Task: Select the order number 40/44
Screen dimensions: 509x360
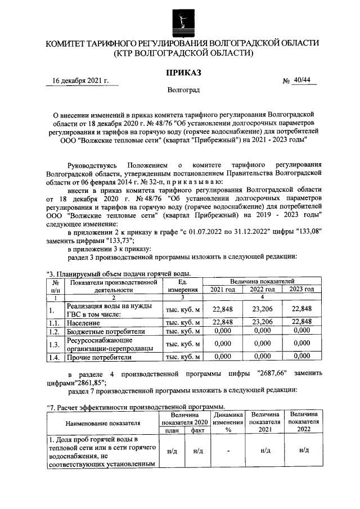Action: (302, 80)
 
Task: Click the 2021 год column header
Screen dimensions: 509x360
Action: (223, 289)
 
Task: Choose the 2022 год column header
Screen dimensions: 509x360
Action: (262, 289)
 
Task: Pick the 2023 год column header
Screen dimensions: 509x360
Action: (301, 289)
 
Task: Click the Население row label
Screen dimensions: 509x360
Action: (85, 323)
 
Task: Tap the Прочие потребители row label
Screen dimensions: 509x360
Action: (99, 357)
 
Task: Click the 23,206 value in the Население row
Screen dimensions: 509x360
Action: (262, 322)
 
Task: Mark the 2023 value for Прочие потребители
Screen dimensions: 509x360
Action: (301, 356)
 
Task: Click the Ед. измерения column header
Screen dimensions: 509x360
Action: (182, 285)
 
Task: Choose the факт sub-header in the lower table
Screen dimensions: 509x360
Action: (197, 430)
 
